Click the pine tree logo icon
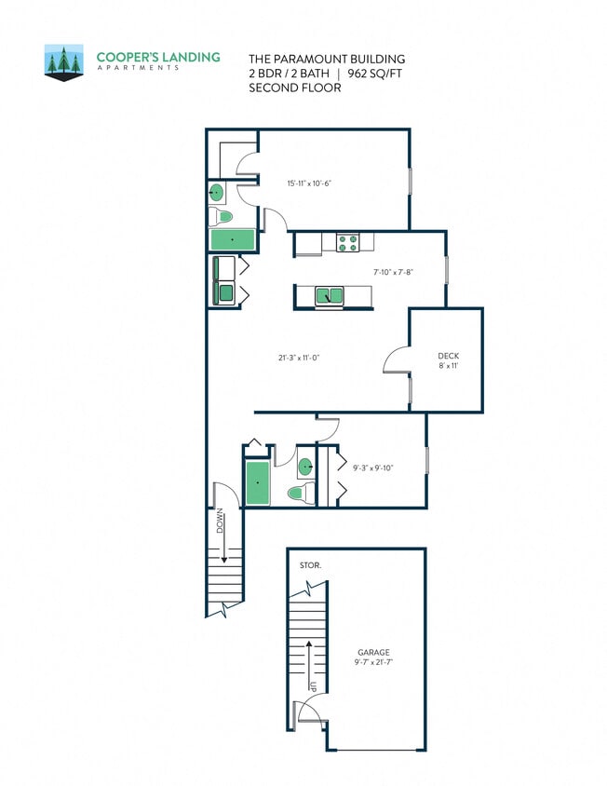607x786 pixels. click(64, 62)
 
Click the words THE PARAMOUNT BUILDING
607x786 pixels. click(326, 59)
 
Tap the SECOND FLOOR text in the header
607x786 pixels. click(294, 88)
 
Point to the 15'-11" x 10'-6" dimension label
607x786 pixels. click(309, 183)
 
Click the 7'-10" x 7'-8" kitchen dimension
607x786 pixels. click(393, 272)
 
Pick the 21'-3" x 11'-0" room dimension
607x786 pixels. click(299, 357)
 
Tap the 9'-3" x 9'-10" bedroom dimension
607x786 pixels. click(373, 468)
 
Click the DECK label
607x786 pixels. click(449, 356)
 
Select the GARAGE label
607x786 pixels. click(374, 652)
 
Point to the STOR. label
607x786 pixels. click(310, 565)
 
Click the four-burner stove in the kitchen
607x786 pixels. click(347, 242)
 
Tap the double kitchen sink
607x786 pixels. click(329, 296)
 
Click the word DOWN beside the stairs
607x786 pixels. click(221, 522)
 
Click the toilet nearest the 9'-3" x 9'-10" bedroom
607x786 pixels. click(298, 493)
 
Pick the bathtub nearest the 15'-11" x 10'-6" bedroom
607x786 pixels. click(232, 240)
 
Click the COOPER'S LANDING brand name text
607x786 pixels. click(158, 57)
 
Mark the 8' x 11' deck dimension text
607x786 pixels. click(449, 366)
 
